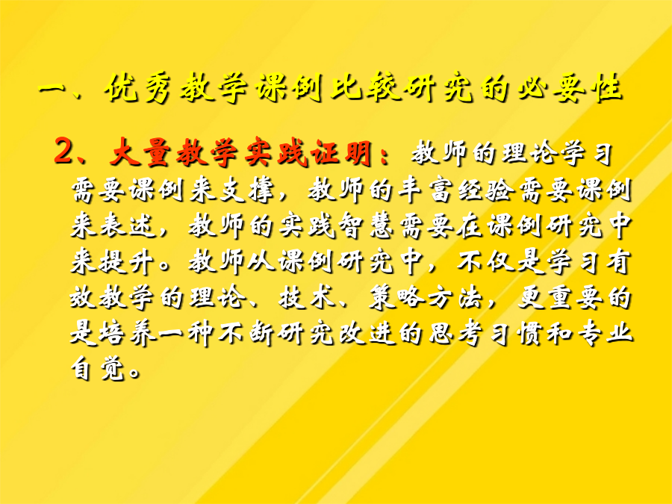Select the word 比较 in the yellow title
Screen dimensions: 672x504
tap(366, 88)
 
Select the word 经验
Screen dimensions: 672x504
tap(484, 189)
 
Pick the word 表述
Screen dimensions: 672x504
tap(128, 225)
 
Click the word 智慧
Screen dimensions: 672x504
tap(365, 225)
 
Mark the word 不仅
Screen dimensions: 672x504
tap(484, 261)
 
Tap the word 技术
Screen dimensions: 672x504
tap(306, 297)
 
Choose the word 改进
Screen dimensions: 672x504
tap(365, 333)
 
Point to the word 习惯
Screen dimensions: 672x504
tap(514, 333)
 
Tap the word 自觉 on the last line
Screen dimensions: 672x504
tap(99, 369)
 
